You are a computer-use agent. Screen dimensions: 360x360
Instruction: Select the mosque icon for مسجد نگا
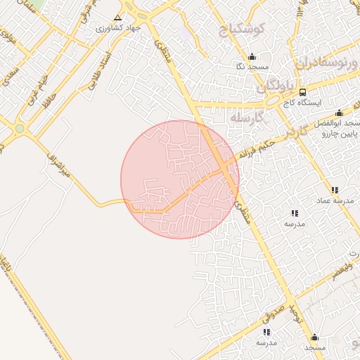point(252,57)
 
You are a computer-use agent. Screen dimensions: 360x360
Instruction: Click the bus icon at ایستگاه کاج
point(302,92)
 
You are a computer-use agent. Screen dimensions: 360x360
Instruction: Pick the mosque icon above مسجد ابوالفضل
point(339,113)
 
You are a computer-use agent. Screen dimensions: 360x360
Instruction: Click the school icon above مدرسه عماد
point(335,190)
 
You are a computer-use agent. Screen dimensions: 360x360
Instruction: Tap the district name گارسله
point(246,117)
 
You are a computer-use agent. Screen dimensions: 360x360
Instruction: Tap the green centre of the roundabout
point(19,129)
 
